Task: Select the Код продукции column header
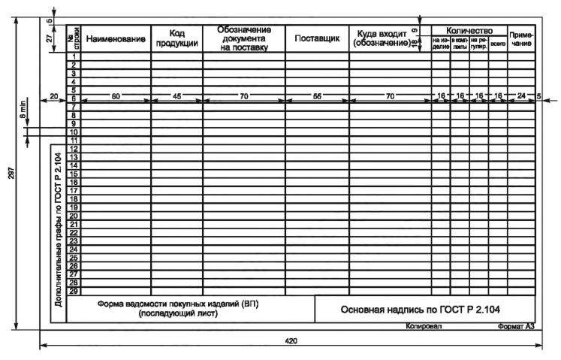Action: pos(176,38)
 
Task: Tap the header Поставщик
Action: pos(317,38)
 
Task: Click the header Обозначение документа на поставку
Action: pos(243,38)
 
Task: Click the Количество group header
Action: pos(469,30)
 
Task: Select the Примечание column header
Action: pos(521,40)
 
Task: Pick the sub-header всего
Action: pos(497,45)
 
